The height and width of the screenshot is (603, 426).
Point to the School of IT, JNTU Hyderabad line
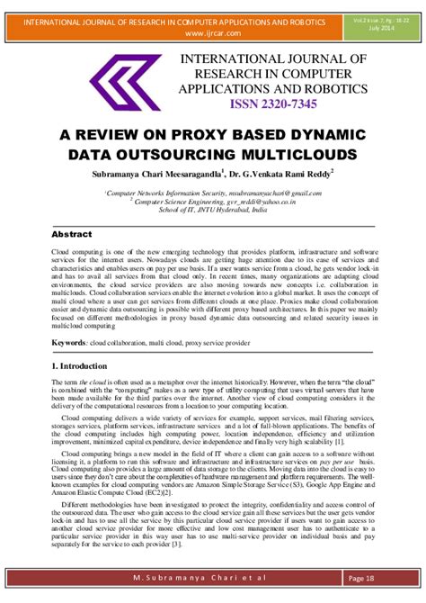coord(213,211)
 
